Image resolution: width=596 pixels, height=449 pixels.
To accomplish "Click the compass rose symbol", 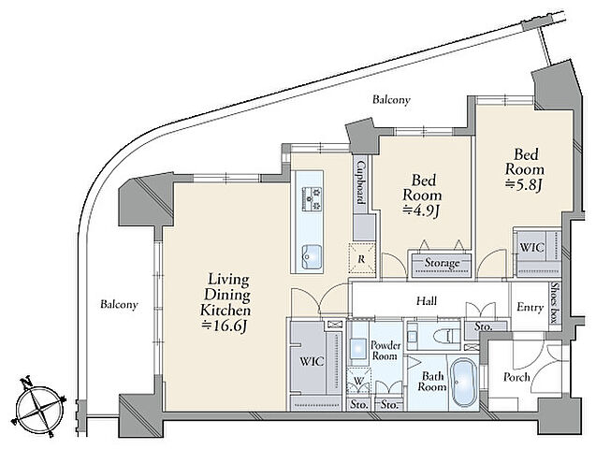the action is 39,407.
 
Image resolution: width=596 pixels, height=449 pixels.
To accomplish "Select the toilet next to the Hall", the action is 448,336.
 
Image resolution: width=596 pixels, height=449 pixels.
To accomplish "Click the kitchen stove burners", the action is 312,198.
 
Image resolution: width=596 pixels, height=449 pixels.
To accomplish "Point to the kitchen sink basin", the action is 312,257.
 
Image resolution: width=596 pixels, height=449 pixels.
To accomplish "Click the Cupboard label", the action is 361,187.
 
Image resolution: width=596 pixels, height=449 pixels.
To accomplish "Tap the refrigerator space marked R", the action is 362,259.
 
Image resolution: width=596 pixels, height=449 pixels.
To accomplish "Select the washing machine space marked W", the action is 359,381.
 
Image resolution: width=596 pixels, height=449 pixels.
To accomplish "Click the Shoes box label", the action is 556,303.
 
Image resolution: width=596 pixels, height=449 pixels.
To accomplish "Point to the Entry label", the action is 531,307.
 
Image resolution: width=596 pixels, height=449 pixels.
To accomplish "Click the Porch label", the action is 516,377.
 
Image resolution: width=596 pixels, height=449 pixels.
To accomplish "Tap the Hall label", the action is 427,301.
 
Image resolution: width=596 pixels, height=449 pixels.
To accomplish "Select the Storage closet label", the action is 442,263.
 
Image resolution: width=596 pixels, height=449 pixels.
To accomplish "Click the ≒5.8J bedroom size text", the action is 524,185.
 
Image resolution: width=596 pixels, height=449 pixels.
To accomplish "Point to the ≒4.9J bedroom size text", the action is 422,210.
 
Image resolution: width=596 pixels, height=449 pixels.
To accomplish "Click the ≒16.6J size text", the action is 225,326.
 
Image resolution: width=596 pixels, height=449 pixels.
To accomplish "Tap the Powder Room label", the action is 385,351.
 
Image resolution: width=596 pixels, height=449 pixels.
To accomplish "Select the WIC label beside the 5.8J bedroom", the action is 531,248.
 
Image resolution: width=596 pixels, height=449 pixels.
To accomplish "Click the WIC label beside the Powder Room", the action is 313,361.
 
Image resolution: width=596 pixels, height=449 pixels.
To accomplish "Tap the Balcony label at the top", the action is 391,100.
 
